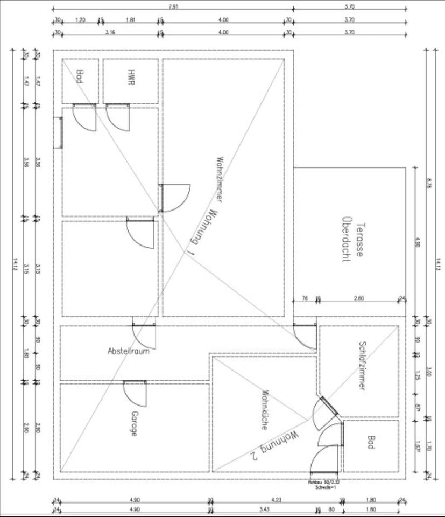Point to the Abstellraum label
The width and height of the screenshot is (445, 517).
point(128,351)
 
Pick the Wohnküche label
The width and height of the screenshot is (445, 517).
point(265,409)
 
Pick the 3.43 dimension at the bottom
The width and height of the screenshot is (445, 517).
point(263,509)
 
